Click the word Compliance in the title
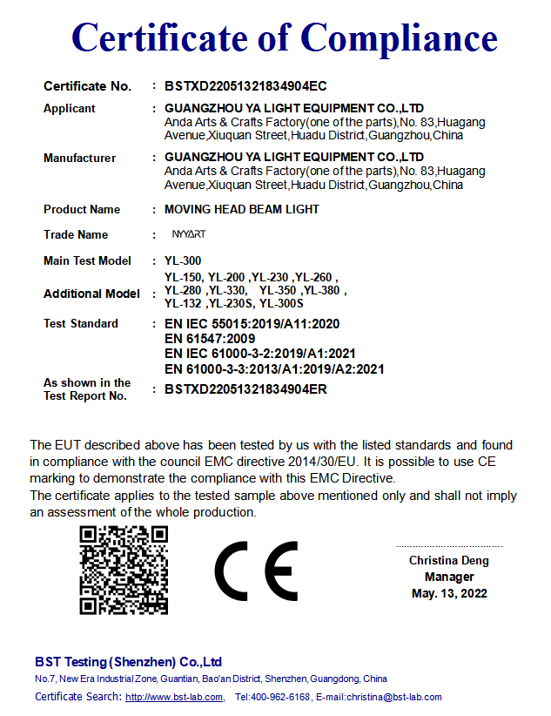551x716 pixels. coord(399,37)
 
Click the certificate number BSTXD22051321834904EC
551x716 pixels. coord(245,86)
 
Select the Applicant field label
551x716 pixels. coord(70,109)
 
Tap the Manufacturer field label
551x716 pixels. coord(79,159)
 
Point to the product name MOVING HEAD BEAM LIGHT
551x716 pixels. coord(242,209)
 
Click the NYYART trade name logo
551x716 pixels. coord(189,234)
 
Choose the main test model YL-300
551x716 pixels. coord(184,260)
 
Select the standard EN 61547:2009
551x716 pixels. coord(209,338)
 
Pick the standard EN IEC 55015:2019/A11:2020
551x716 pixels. coord(252,323)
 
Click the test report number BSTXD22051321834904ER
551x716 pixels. coord(245,389)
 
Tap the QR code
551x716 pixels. coord(124,571)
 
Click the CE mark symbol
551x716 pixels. coord(256,571)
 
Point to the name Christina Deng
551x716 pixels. coord(449,560)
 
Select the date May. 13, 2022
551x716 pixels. coord(449,593)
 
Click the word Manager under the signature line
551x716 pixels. coord(449,577)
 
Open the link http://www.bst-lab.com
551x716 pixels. coord(174,697)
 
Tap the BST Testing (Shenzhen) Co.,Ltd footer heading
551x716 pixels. coord(128,662)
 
